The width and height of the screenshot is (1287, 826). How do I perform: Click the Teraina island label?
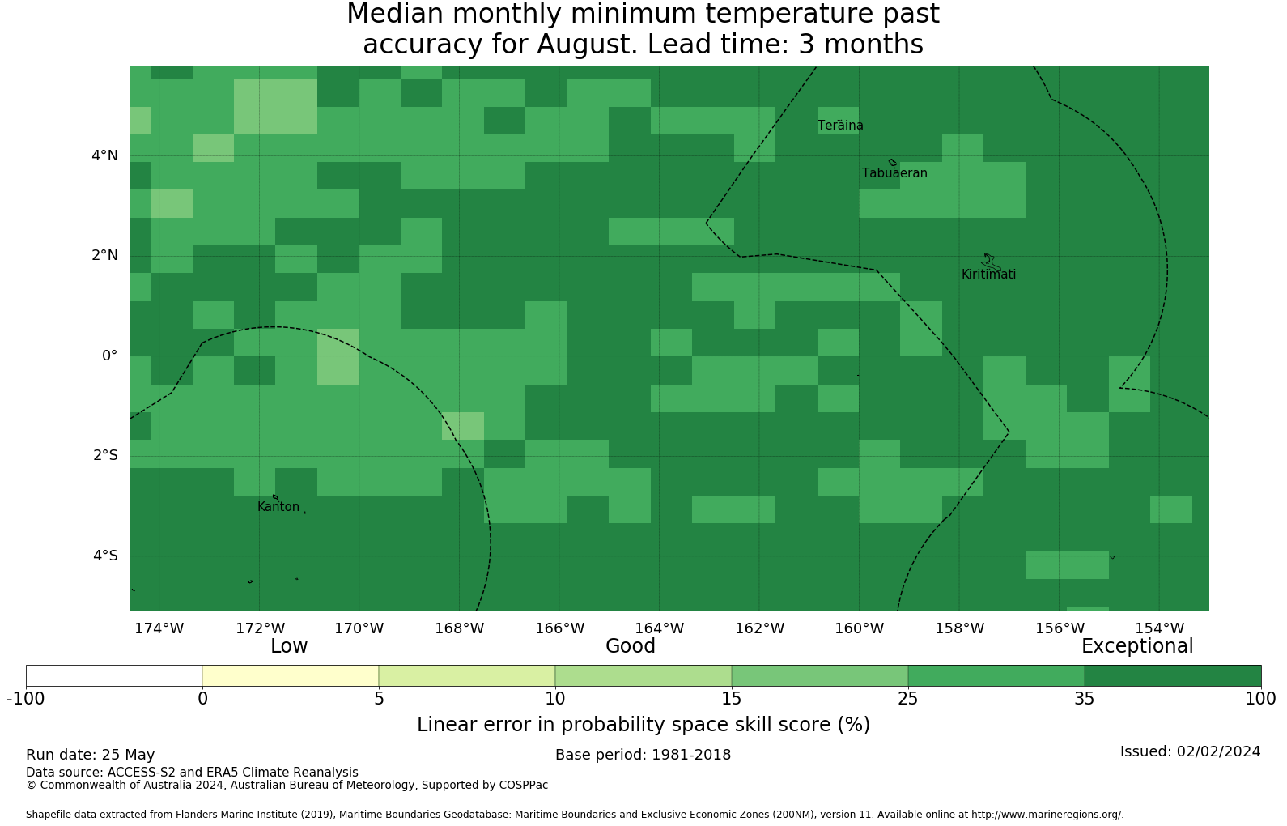coord(840,126)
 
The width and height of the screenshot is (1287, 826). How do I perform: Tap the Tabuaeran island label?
coord(894,173)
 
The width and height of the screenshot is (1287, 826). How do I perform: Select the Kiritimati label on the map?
coord(988,275)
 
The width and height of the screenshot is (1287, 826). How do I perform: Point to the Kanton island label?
coord(278,506)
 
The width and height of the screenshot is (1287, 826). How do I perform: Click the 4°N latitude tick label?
coord(104,155)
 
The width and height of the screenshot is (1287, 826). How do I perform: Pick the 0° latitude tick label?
coord(109,356)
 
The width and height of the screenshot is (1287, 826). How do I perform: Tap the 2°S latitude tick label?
coord(105,455)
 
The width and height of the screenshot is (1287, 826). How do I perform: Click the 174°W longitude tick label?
coord(159,628)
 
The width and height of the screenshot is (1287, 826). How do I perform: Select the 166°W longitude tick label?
coord(559,628)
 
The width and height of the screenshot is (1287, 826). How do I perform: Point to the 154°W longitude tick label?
coord(1159,628)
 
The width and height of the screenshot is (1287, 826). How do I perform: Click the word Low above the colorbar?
coord(289,646)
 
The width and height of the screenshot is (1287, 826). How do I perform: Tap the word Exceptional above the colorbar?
coord(1137,646)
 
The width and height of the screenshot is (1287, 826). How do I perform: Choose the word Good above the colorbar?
coord(631,646)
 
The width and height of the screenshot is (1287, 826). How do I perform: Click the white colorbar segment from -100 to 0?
coord(114,676)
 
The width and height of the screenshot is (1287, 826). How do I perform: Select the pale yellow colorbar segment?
coord(291,676)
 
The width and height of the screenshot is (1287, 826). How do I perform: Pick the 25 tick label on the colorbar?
coord(908,699)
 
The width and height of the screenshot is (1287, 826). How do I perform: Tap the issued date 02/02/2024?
coord(1219,751)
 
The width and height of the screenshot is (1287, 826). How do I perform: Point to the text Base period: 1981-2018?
coord(643,755)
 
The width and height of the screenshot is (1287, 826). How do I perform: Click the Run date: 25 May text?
coord(90,755)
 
